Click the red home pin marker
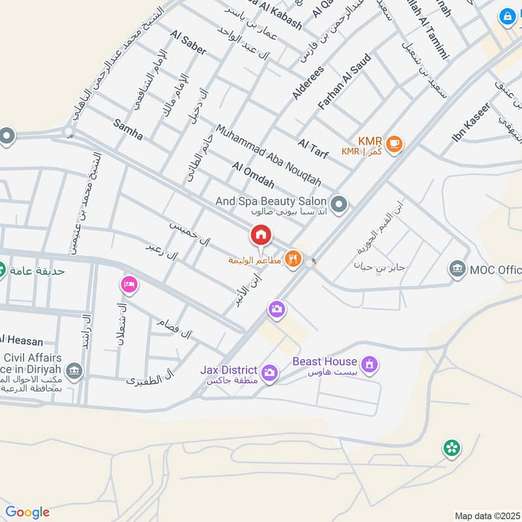[260, 235]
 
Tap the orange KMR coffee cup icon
[393, 144]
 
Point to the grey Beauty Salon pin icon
[339, 206]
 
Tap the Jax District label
[229, 370]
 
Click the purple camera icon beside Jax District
[268, 373]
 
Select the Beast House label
[324, 361]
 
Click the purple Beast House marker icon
[369, 365]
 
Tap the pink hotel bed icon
[129, 284]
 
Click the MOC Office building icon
[457, 269]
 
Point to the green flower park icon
[450, 448]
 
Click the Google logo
[27, 512]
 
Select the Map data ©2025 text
[486, 515]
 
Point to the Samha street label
[128, 129]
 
